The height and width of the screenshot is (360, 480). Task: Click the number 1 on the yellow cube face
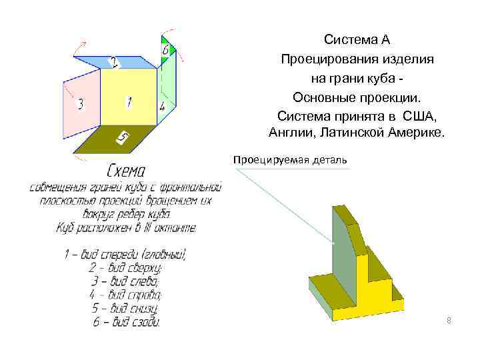pos(128,102)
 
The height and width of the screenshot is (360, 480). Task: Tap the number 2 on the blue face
pos(114,63)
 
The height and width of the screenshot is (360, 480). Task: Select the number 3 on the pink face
pos(81,104)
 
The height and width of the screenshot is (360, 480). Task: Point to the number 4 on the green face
pos(162,106)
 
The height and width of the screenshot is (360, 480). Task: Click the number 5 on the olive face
pos(123,138)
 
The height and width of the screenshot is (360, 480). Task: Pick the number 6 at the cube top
pos(165,50)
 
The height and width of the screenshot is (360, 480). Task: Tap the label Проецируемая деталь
pos(290,160)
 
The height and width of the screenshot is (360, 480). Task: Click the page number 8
pos(449,321)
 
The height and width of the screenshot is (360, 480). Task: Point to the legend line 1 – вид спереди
pos(125,253)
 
